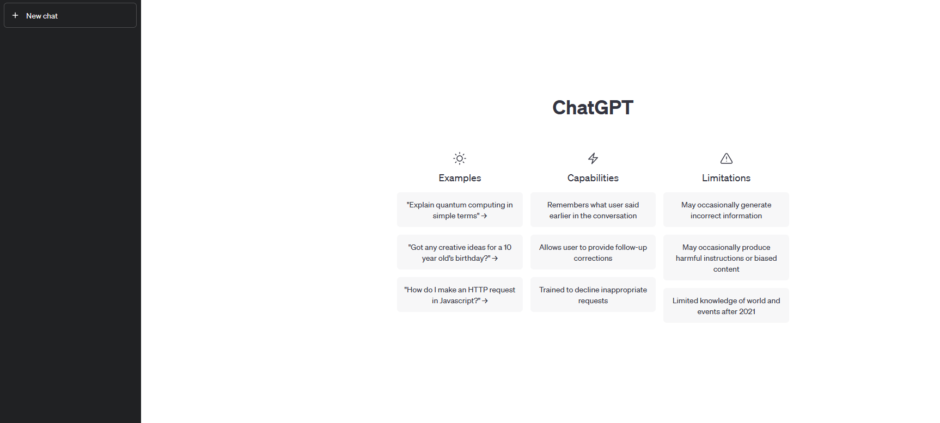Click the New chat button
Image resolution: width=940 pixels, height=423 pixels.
70,15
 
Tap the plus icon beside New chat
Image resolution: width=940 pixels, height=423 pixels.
15,15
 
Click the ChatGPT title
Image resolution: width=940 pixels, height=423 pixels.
593,108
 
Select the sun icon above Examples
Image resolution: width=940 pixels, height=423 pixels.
460,158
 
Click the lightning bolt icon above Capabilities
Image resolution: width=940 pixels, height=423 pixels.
593,158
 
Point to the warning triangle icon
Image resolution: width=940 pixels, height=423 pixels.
727,158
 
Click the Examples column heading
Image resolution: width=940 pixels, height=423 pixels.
460,178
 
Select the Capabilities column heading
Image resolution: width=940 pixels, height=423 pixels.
593,178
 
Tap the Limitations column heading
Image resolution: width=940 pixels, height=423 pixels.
726,178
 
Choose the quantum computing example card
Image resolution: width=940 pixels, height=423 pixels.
460,210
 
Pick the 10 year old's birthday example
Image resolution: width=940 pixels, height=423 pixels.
460,252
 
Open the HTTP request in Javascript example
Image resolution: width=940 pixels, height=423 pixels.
460,295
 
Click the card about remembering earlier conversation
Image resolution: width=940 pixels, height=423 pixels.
593,210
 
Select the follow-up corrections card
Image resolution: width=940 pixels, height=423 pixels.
593,252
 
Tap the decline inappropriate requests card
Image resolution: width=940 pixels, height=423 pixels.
593,295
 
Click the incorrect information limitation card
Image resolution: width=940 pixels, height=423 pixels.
726,210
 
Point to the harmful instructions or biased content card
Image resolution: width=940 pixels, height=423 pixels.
726,258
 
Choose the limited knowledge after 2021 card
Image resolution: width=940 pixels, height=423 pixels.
726,305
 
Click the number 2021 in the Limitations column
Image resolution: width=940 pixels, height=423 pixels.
747,311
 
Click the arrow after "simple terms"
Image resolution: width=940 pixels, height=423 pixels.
484,216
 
